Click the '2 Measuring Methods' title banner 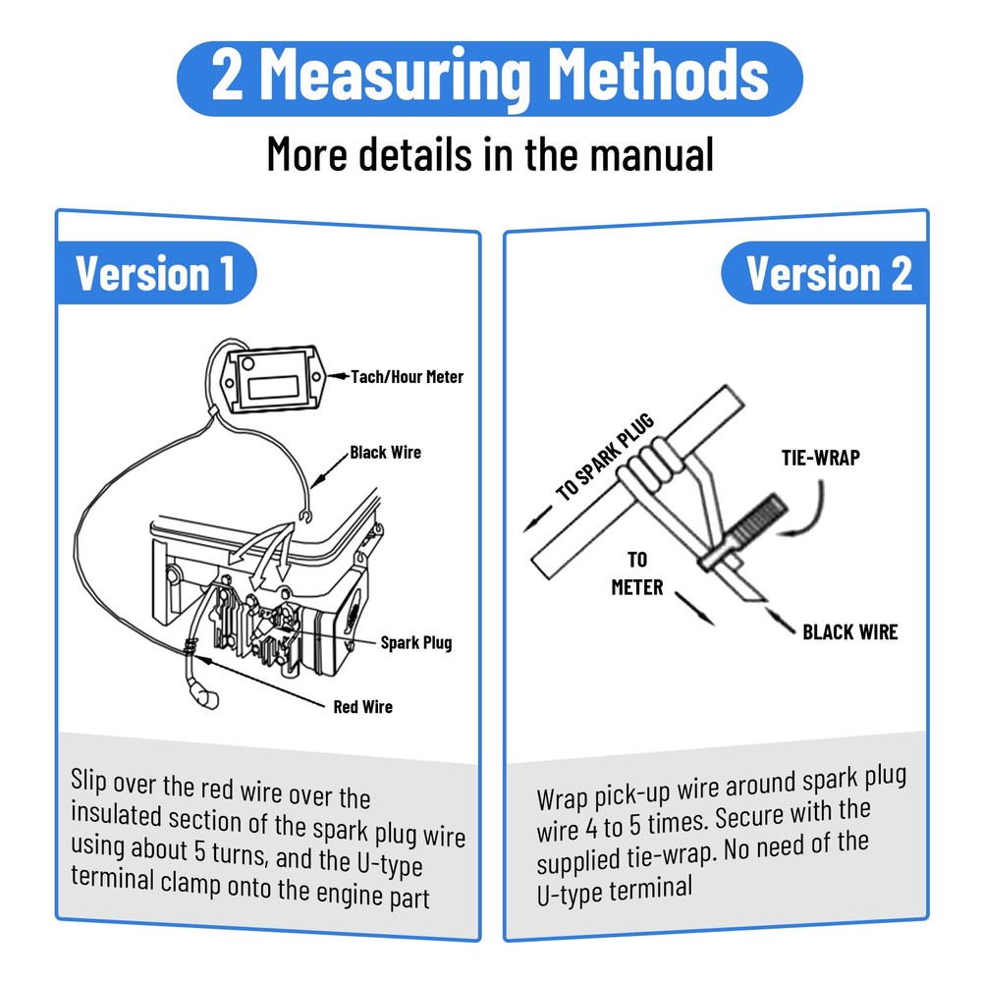point(490,79)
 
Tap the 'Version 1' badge point(156,273)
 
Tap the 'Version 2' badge point(824,273)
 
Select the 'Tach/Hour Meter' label point(408,376)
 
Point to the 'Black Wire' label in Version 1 point(385,452)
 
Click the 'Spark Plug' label point(416,643)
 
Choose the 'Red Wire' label point(363,707)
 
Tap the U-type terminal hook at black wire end point(305,517)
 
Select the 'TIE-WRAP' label point(820,458)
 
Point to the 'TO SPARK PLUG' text point(605,457)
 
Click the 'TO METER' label point(637,573)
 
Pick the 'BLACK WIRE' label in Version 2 point(849,631)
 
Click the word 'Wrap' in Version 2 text point(562,798)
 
